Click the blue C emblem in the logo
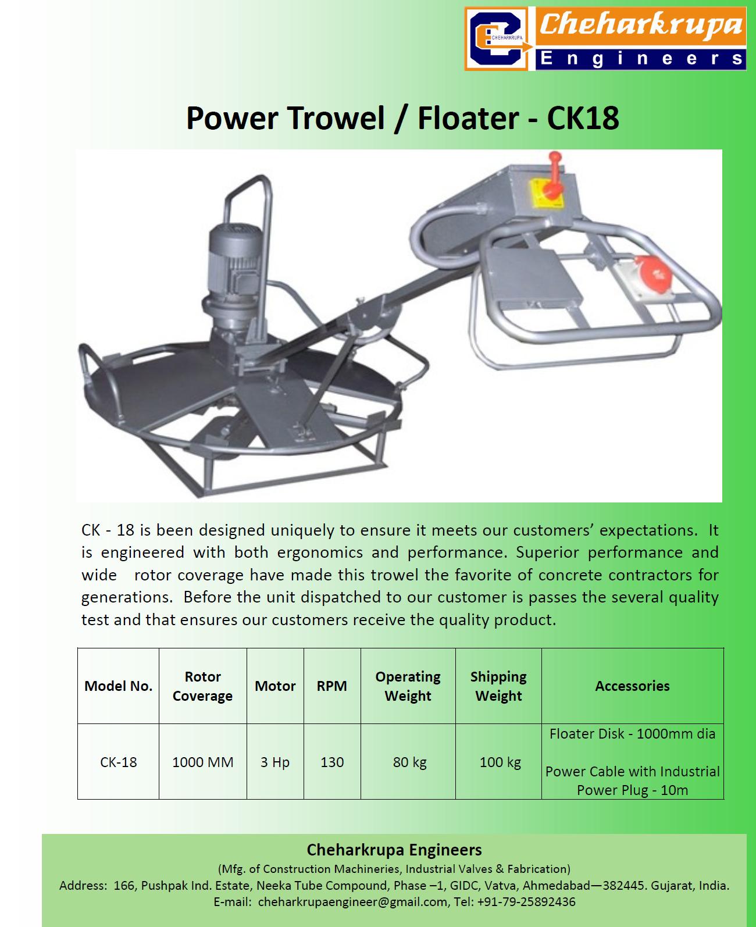click(x=497, y=39)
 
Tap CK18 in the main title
click(x=583, y=118)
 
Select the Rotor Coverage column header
click(x=202, y=686)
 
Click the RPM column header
click(x=332, y=686)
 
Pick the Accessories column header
click(x=633, y=686)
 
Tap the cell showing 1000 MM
click(x=202, y=762)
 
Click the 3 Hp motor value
click(x=275, y=762)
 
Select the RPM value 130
click(x=332, y=762)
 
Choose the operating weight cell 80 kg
click(x=409, y=762)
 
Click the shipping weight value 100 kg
click(x=500, y=762)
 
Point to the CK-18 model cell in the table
click(x=118, y=762)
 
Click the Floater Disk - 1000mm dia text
click(x=633, y=734)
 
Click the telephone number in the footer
click(x=526, y=902)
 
